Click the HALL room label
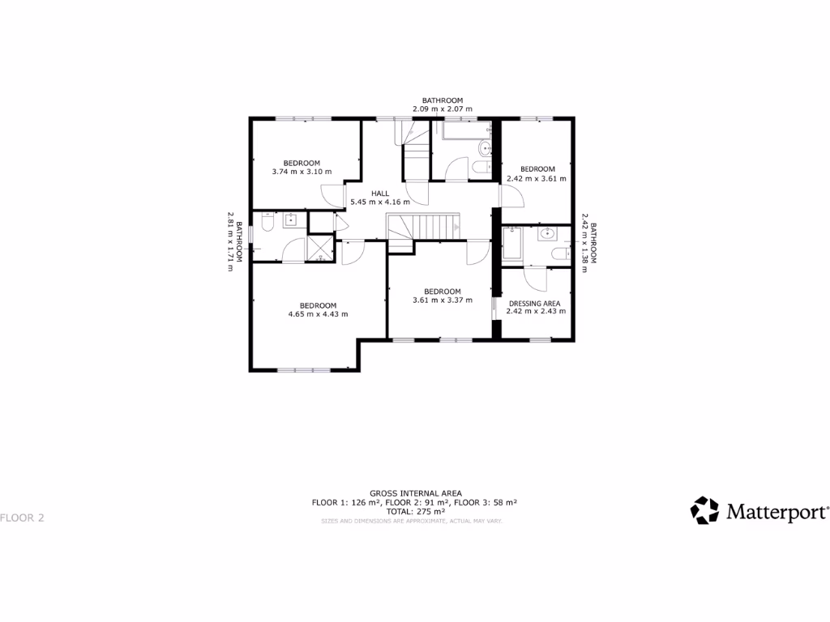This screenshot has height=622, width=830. [x=379, y=193]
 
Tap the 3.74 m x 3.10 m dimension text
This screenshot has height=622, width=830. [x=302, y=172]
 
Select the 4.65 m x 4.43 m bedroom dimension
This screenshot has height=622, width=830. [x=318, y=314]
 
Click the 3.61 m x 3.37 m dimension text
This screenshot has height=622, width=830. [x=442, y=300]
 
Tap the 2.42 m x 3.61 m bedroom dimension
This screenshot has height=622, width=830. [x=537, y=178]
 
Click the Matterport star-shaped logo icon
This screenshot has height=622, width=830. [x=704, y=510]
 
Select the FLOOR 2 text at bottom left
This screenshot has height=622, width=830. [x=22, y=518]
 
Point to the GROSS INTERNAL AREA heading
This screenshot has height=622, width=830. [x=415, y=492]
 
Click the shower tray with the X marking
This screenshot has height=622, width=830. [x=322, y=248]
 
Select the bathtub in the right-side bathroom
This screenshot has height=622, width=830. [x=513, y=243]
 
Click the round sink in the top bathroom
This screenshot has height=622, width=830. [x=485, y=147]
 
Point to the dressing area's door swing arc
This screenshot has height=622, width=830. [x=537, y=280]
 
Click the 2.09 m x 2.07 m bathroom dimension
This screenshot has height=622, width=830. [x=442, y=109]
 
